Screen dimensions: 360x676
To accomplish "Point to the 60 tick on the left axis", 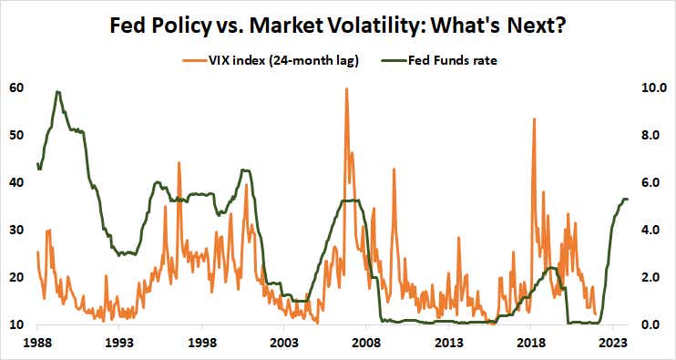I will [x=16, y=88].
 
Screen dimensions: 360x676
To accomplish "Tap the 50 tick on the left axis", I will [x=16, y=136].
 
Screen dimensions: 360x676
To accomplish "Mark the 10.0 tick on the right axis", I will [x=651, y=88].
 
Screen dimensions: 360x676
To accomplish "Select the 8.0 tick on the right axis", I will [x=651, y=136].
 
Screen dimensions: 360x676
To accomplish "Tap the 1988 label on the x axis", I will [x=37, y=344].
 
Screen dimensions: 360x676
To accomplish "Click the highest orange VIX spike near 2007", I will [x=346, y=89].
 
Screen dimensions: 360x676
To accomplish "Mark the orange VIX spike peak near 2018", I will [x=534, y=119].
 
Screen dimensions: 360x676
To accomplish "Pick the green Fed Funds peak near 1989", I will [x=57, y=91].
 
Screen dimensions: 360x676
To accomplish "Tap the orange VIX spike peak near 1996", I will [x=179, y=163].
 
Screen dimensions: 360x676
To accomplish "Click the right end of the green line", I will [x=628, y=200].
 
